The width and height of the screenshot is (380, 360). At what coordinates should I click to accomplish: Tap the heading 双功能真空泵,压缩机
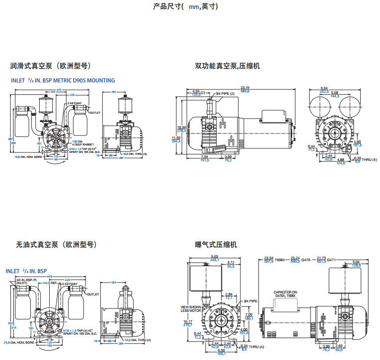tap(227, 66)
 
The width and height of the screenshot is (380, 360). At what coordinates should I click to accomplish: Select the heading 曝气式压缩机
tap(216, 245)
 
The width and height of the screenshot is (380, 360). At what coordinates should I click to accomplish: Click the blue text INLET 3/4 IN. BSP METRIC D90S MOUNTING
tap(63, 80)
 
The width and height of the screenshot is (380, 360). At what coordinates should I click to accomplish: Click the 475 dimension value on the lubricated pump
tap(59, 90)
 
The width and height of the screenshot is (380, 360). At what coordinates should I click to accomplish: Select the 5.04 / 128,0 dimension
tap(356, 263)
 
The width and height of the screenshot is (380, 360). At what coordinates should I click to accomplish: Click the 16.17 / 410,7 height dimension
tap(188, 324)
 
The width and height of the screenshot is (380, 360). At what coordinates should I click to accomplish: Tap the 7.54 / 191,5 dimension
tap(204, 158)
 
